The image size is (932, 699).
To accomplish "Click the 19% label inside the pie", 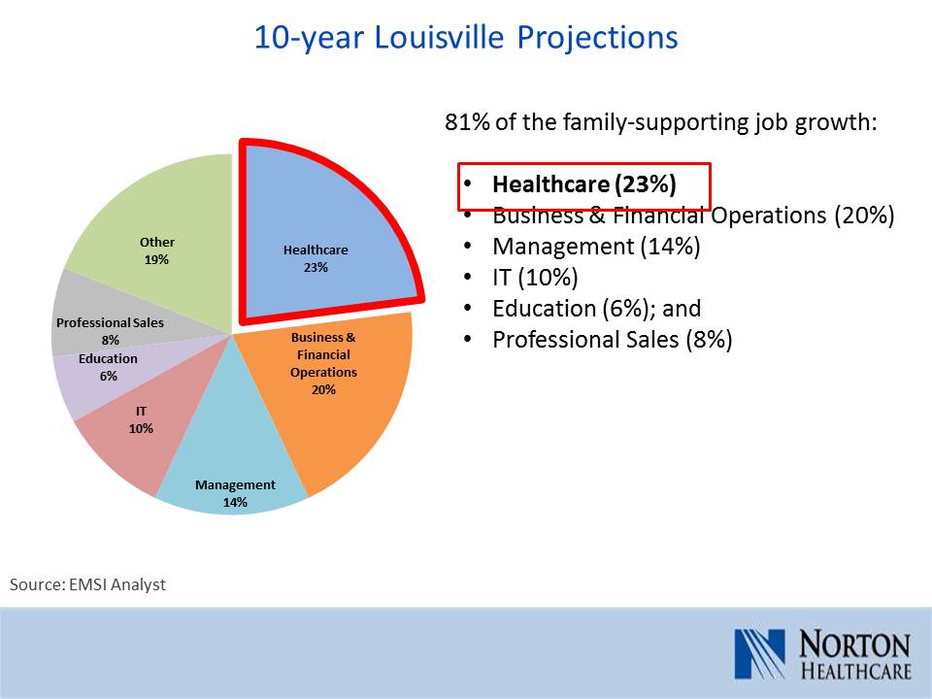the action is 156,260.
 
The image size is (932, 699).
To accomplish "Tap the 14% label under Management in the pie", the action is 235,502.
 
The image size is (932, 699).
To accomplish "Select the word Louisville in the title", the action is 439,38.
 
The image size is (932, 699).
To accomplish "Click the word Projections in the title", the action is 597,39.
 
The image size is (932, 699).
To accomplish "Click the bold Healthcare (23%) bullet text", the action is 584,184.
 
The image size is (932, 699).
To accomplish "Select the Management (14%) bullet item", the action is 596,246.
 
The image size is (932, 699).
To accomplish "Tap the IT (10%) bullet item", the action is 535,277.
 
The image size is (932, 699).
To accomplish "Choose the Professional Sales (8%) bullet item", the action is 613,340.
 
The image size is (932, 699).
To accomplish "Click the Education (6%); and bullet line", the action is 597,309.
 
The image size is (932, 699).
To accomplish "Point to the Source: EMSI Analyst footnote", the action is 88,584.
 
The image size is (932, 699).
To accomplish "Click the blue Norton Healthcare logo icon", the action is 759,653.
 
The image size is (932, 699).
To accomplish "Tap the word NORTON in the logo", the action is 854,645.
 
